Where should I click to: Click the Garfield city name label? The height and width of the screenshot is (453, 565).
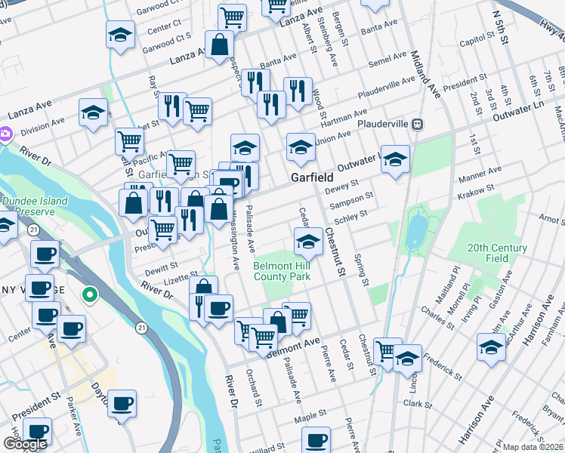click(x=313, y=177)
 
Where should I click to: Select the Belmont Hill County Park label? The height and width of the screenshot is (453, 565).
click(x=282, y=272)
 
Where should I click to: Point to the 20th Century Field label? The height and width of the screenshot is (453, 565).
click(x=496, y=253)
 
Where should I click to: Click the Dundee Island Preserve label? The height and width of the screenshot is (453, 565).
click(x=34, y=206)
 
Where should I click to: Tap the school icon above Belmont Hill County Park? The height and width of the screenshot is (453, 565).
click(x=307, y=242)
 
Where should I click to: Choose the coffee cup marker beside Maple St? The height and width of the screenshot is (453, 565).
click(x=316, y=439)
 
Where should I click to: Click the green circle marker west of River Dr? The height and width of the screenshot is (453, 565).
click(x=89, y=294)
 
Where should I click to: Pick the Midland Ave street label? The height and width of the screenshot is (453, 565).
click(x=425, y=75)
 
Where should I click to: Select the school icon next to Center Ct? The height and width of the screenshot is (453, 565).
click(x=119, y=35)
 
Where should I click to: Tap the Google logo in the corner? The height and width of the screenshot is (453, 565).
click(x=24, y=444)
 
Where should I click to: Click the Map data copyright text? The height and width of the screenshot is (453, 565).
click(x=533, y=447)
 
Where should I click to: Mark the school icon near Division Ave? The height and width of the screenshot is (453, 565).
click(x=93, y=112)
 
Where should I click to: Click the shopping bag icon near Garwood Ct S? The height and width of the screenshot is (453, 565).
click(x=219, y=44)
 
